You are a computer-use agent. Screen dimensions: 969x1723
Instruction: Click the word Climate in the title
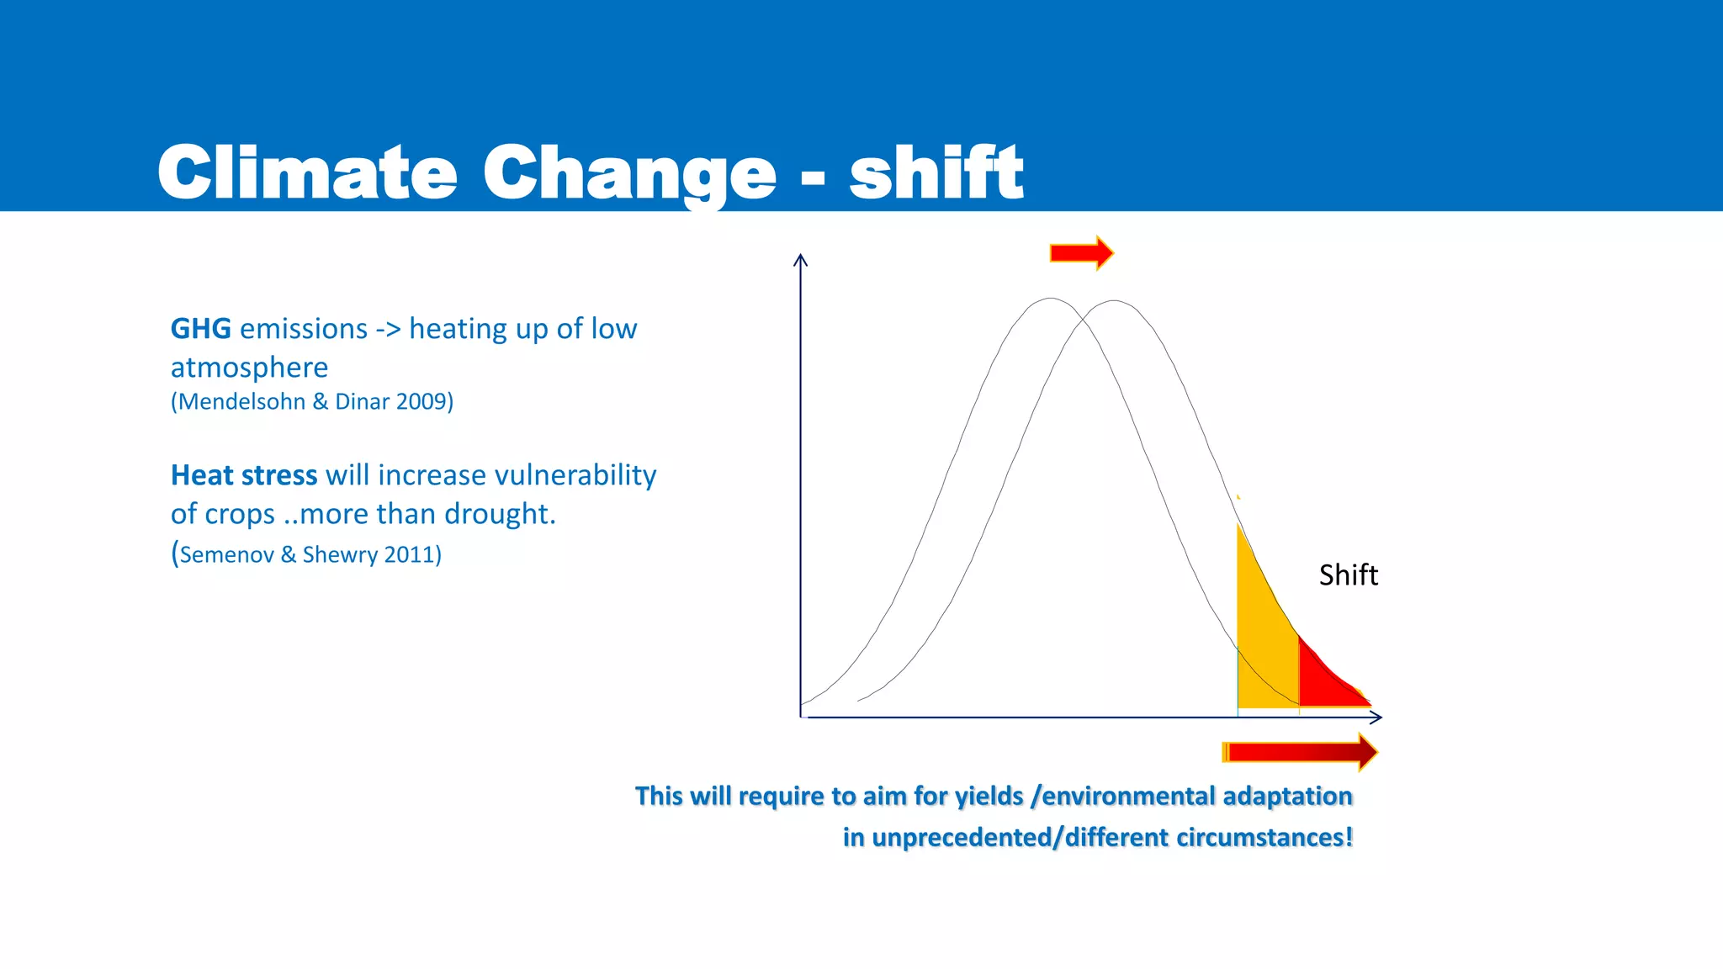(x=307, y=172)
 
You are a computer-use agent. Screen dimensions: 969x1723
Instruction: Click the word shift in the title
(x=936, y=172)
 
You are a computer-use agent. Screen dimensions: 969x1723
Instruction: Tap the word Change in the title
(x=628, y=172)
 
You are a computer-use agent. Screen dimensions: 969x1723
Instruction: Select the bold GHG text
(x=200, y=329)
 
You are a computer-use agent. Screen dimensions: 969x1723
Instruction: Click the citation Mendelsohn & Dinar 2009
(x=312, y=402)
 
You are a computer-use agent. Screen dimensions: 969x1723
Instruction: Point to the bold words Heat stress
(x=244, y=475)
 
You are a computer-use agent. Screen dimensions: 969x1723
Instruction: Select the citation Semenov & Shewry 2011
(x=308, y=555)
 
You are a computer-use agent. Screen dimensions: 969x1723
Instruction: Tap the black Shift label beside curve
(x=1348, y=575)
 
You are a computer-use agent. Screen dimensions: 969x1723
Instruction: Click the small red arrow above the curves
(x=1081, y=252)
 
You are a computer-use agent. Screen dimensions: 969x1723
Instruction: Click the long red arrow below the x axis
(x=1299, y=752)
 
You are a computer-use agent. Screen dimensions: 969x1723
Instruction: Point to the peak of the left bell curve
(x=1050, y=299)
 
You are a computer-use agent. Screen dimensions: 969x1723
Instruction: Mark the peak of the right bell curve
(x=1114, y=300)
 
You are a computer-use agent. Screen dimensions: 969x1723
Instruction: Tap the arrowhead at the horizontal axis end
(x=1377, y=717)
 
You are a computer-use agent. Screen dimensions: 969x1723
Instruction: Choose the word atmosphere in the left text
(x=249, y=368)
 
